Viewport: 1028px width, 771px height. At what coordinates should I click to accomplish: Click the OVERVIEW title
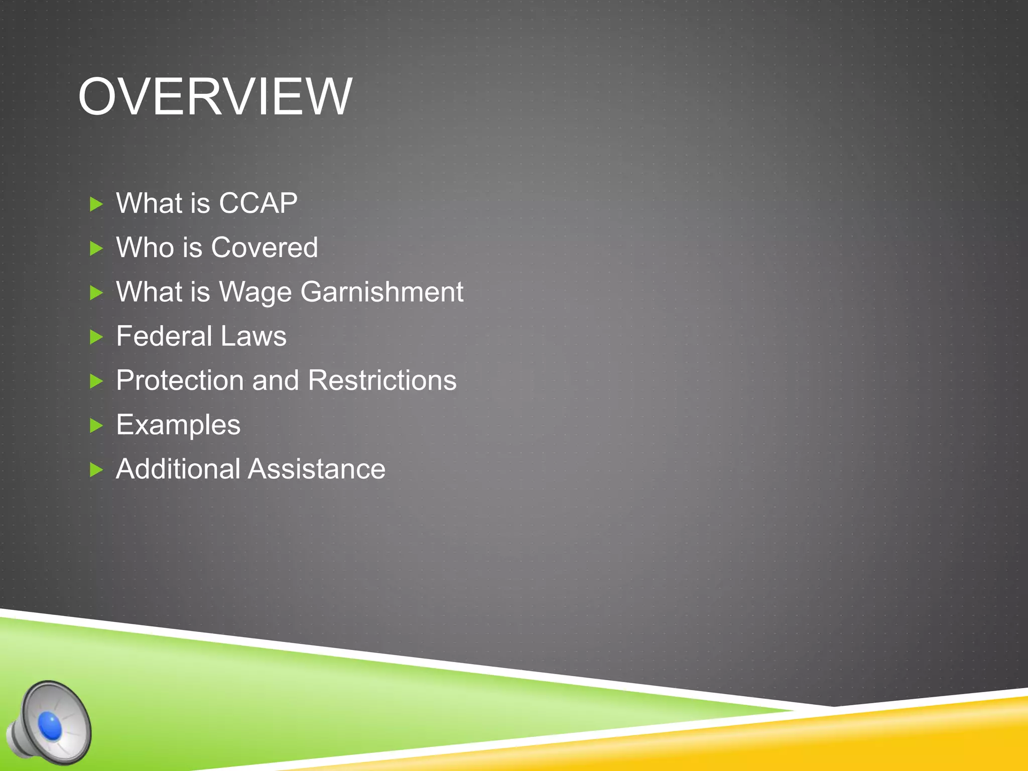pos(215,96)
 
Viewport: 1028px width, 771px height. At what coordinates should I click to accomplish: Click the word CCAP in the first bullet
pos(258,203)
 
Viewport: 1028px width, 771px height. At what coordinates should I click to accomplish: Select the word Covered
pos(265,247)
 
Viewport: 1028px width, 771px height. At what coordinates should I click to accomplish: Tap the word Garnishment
pos(382,292)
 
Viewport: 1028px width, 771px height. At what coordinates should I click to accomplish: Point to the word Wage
pos(255,292)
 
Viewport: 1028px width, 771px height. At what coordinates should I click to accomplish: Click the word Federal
pos(164,336)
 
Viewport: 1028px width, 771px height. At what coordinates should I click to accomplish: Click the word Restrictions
pos(382,380)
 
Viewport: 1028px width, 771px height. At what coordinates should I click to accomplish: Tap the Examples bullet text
pos(178,425)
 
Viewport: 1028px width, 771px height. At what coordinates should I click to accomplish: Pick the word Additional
pos(178,469)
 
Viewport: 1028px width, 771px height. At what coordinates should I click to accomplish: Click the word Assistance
pos(317,469)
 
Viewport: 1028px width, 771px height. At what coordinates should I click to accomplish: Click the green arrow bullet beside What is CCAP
pos(96,204)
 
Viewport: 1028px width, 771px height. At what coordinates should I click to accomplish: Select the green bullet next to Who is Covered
pos(96,248)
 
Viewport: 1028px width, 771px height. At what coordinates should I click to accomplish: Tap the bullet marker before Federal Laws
pos(96,337)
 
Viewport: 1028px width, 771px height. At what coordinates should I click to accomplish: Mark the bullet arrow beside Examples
pos(96,426)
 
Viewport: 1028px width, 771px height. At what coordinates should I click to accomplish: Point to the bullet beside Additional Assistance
pos(96,470)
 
